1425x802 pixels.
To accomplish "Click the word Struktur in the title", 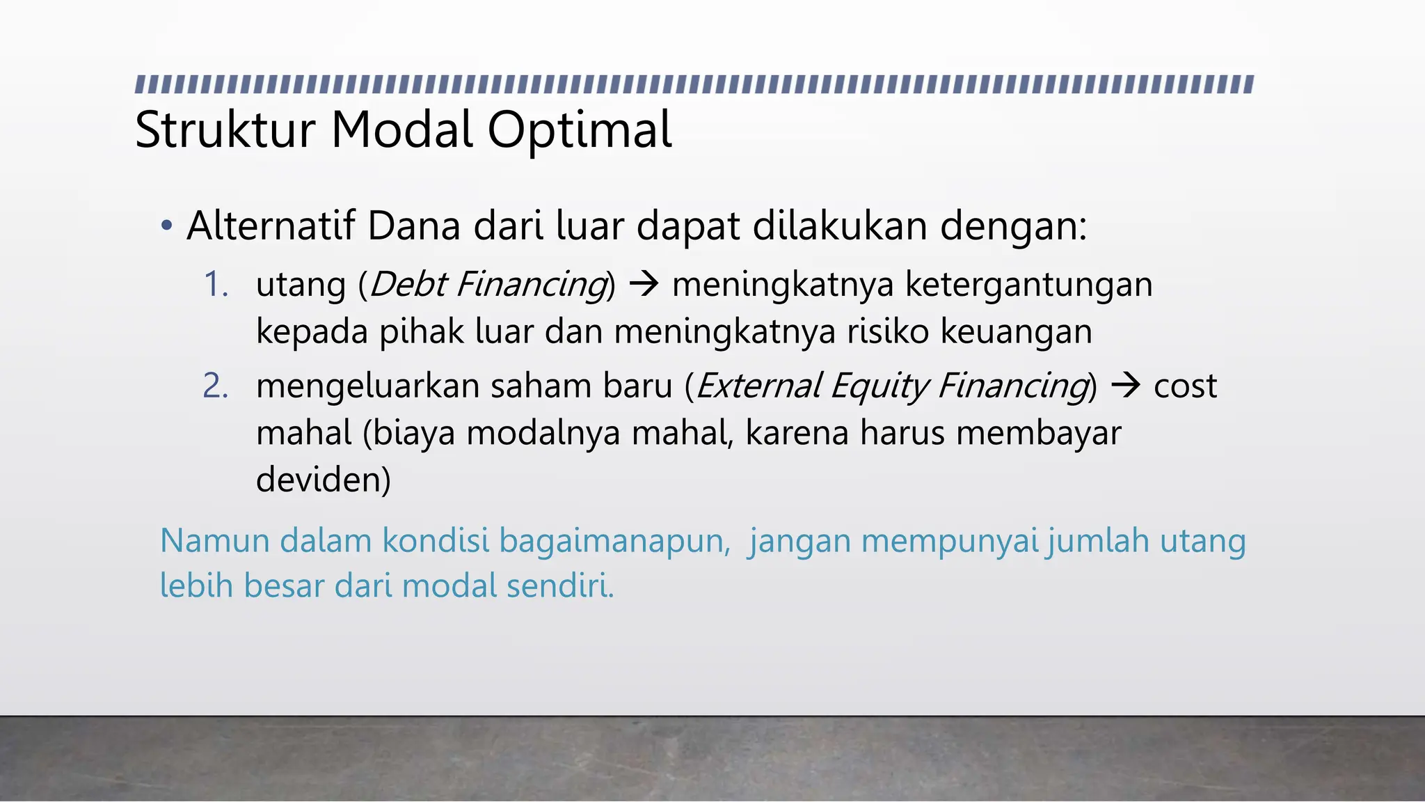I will pos(225,130).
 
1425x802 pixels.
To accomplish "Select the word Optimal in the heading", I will pos(579,130).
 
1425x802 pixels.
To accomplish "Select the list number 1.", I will pos(216,285).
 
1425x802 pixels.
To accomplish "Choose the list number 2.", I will pos(216,386).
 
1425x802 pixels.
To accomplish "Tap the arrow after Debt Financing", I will pos(643,285).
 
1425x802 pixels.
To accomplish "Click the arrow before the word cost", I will pos(1125,386).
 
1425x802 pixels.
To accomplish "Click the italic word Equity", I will pos(879,386).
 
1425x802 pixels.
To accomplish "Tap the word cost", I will pos(1185,386).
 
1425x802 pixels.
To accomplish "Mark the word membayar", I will pos(1038,433).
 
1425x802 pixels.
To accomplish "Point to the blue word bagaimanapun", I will pos(614,541).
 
